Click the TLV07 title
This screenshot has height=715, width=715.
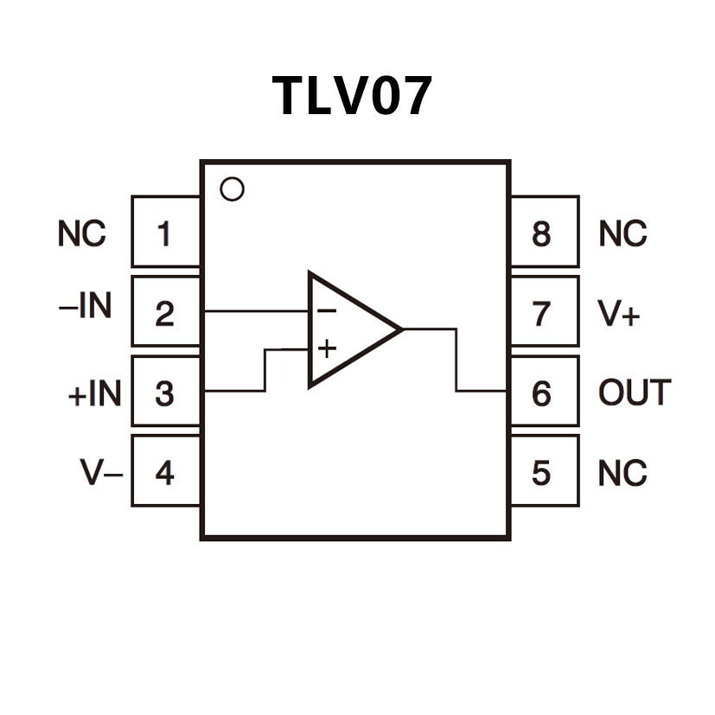tap(352, 95)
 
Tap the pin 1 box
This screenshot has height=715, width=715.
tap(164, 233)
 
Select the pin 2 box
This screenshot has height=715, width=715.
tap(164, 312)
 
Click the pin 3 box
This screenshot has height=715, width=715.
tap(164, 393)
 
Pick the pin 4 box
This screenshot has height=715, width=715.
tap(164, 472)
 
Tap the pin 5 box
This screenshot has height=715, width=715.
tap(542, 472)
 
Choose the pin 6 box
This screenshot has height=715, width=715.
tap(542, 393)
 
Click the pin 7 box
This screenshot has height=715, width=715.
tap(542, 312)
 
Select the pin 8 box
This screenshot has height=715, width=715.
tap(542, 233)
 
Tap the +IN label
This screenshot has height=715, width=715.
tap(94, 394)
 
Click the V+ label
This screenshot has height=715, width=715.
tap(619, 313)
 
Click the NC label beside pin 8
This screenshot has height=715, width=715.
tap(622, 233)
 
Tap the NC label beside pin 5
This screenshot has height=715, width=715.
tap(622, 473)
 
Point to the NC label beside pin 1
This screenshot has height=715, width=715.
tap(82, 233)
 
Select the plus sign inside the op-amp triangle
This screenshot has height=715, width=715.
tap(326, 348)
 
